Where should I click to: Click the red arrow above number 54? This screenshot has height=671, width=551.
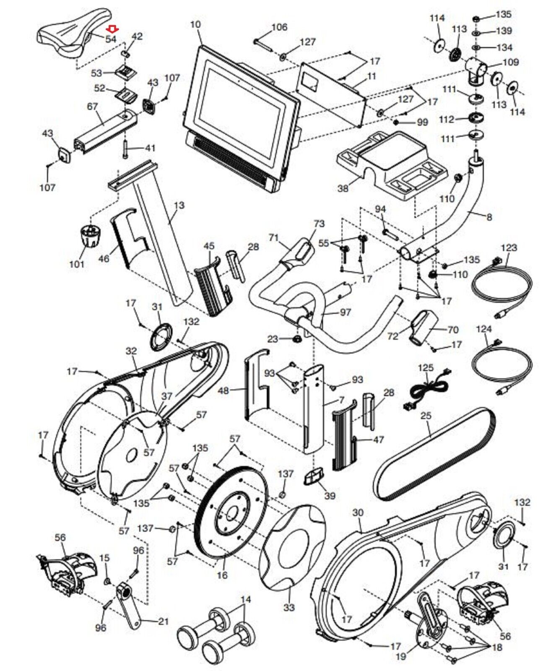point(112,29)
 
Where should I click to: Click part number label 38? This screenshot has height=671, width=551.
point(343,188)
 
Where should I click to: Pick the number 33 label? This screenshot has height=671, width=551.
point(289,607)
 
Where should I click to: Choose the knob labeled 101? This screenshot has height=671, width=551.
point(91,237)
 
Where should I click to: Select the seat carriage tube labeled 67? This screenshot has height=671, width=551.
point(105,130)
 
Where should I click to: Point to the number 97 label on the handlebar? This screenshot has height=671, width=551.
point(345,312)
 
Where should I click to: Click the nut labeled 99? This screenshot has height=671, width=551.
point(396,122)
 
